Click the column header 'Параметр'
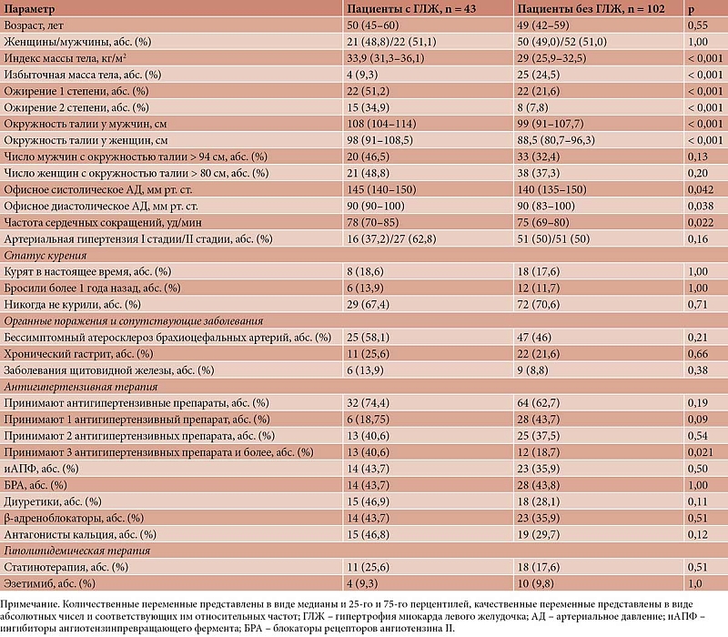pyautogui.click(x=29, y=9)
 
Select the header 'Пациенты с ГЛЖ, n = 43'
pyautogui.click(x=411, y=9)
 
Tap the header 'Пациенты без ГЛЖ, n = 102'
pyautogui.click(x=591, y=9)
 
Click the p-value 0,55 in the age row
pyautogui.click(x=698, y=25)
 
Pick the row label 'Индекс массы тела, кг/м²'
pyautogui.click(x=66, y=58)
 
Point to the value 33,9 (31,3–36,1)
pyautogui.click(x=385, y=58)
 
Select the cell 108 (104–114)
pyautogui.click(x=381, y=124)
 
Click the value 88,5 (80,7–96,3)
pyautogui.click(x=556, y=140)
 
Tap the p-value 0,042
pyautogui.click(x=701, y=190)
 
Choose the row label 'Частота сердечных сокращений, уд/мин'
pyautogui.click(x=103, y=222)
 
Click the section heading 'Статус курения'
pyautogui.click(x=45, y=256)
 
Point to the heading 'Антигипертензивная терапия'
pyautogui.click(x=81, y=387)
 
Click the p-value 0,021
pyautogui.click(x=701, y=452)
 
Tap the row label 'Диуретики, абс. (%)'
pyautogui.click(x=53, y=501)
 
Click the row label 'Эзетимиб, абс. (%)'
pyautogui.click(x=49, y=583)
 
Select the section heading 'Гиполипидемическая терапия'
pyautogui.click(x=77, y=551)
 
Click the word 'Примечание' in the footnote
pyautogui.click(x=29, y=604)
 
